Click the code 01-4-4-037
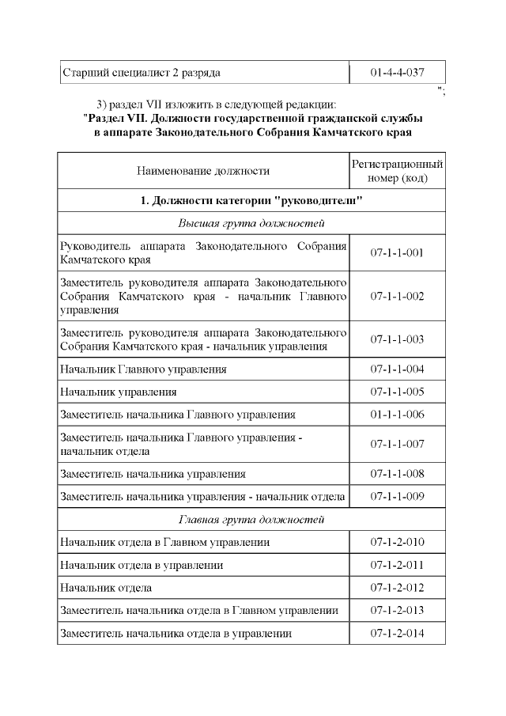[x=397, y=73]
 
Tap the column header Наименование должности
[x=203, y=171]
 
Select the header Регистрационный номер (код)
[x=397, y=171]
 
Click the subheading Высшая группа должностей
[x=251, y=223]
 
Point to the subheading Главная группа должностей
[x=251, y=520]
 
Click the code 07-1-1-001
[x=397, y=253]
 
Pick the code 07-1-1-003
[x=397, y=339]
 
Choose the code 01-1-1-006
[x=397, y=415]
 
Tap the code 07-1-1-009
[x=397, y=497]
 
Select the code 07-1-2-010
[x=397, y=543]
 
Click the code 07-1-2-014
[x=397, y=634]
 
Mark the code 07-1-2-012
[x=397, y=588]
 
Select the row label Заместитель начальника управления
[x=153, y=474]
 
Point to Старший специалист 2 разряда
[x=140, y=73]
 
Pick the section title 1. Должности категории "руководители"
[x=251, y=200]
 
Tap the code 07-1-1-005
[x=397, y=392]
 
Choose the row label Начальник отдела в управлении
[x=142, y=565]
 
